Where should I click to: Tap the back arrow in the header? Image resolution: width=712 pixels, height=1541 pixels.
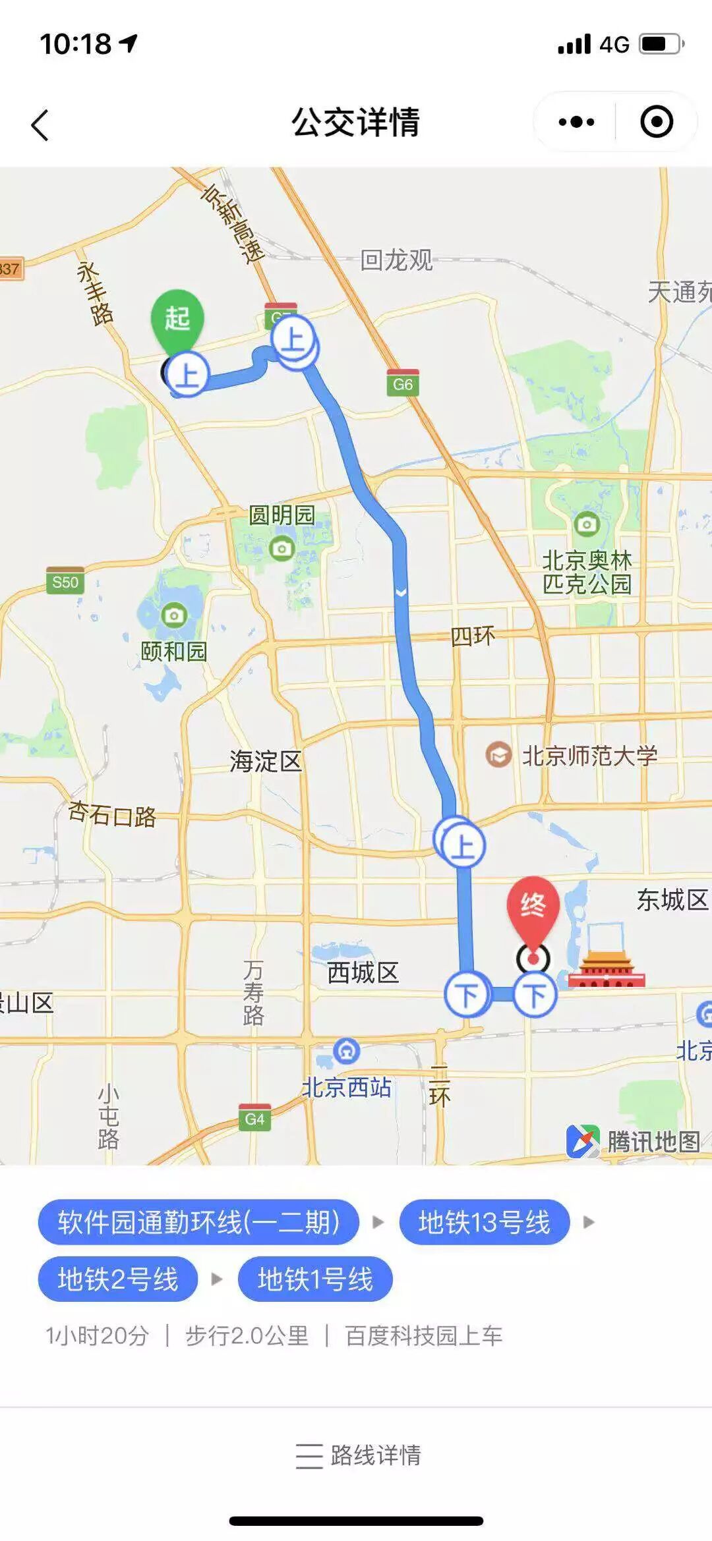(40, 125)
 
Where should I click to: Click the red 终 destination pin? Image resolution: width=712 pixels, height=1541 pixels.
(533, 907)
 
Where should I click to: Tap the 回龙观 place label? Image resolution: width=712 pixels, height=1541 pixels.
(396, 260)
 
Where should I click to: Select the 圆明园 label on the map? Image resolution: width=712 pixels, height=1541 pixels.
(282, 515)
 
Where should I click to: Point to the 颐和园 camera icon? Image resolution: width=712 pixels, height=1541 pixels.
(174, 615)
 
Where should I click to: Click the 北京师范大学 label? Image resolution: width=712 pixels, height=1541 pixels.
(589, 756)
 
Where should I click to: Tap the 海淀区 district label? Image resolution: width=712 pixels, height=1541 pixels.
(265, 762)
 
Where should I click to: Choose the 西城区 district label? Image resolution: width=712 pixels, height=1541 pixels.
(363, 972)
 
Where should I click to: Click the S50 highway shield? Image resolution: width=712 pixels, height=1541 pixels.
(65, 582)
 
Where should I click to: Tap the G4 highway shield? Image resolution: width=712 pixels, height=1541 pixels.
(254, 1118)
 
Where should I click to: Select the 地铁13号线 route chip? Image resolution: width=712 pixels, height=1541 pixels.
(484, 1223)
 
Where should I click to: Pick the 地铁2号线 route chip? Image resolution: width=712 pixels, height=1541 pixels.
(118, 1279)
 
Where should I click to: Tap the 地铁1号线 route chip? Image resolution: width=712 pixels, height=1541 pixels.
(315, 1279)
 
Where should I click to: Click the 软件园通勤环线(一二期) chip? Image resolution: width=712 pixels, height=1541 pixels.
(198, 1223)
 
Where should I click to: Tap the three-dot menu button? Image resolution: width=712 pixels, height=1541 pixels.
(576, 122)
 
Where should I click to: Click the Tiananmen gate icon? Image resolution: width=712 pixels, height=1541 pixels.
(606, 970)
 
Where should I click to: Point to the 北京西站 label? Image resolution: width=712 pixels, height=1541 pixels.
(347, 1088)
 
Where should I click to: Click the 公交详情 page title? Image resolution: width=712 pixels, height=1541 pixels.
(355, 123)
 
